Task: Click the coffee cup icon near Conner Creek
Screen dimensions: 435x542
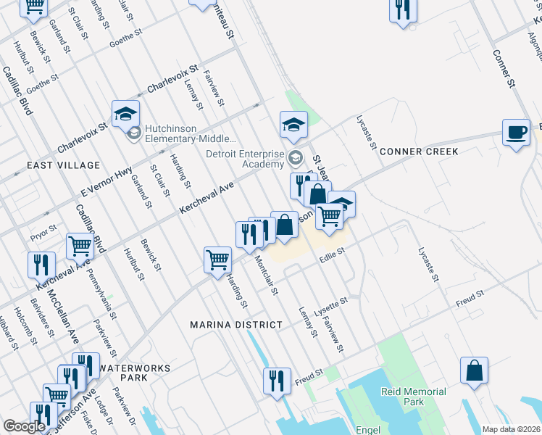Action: tap(516, 133)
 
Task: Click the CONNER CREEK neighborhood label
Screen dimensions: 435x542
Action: tap(419, 152)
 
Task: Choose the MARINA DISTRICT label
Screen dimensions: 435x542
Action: tap(235, 325)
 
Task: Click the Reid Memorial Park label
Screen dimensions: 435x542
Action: tap(413, 397)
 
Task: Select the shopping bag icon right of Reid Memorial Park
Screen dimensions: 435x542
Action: tap(474, 370)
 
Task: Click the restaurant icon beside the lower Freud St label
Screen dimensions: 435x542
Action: tap(276, 380)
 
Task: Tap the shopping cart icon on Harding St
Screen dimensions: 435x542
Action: tap(217, 260)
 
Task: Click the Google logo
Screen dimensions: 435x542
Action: tap(24, 426)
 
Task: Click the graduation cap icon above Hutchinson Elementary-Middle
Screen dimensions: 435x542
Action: tap(125, 113)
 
